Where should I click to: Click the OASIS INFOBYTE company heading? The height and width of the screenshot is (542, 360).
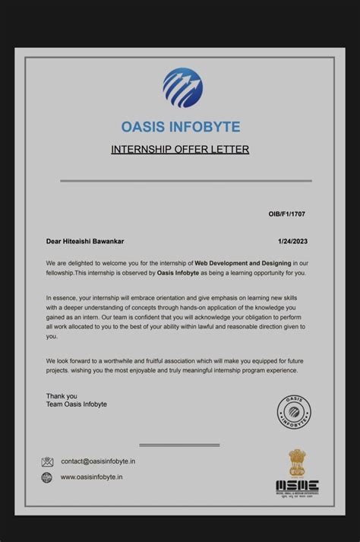click(180, 126)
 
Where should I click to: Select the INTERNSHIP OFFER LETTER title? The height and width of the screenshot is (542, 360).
click(180, 149)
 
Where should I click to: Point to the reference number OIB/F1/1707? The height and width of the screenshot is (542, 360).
click(287, 214)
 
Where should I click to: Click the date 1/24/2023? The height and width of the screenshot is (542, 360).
click(292, 242)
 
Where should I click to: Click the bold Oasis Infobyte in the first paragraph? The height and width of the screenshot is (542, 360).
click(178, 272)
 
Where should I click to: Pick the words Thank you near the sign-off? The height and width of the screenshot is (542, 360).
click(62, 396)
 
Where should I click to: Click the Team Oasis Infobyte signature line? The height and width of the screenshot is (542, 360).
click(76, 404)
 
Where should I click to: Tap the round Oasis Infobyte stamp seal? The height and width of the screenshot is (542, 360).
click(294, 411)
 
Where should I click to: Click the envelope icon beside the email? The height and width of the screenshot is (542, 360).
click(47, 461)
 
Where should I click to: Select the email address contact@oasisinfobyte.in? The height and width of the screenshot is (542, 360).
click(98, 461)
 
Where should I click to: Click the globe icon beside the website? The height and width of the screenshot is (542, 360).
click(47, 477)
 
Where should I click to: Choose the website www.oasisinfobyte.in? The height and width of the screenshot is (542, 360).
click(92, 477)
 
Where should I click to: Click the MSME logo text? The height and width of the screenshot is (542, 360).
click(297, 487)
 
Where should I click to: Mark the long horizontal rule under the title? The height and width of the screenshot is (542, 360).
click(185, 181)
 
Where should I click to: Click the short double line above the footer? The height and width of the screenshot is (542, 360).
click(180, 445)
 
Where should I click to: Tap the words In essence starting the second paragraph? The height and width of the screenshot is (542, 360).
click(62, 297)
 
